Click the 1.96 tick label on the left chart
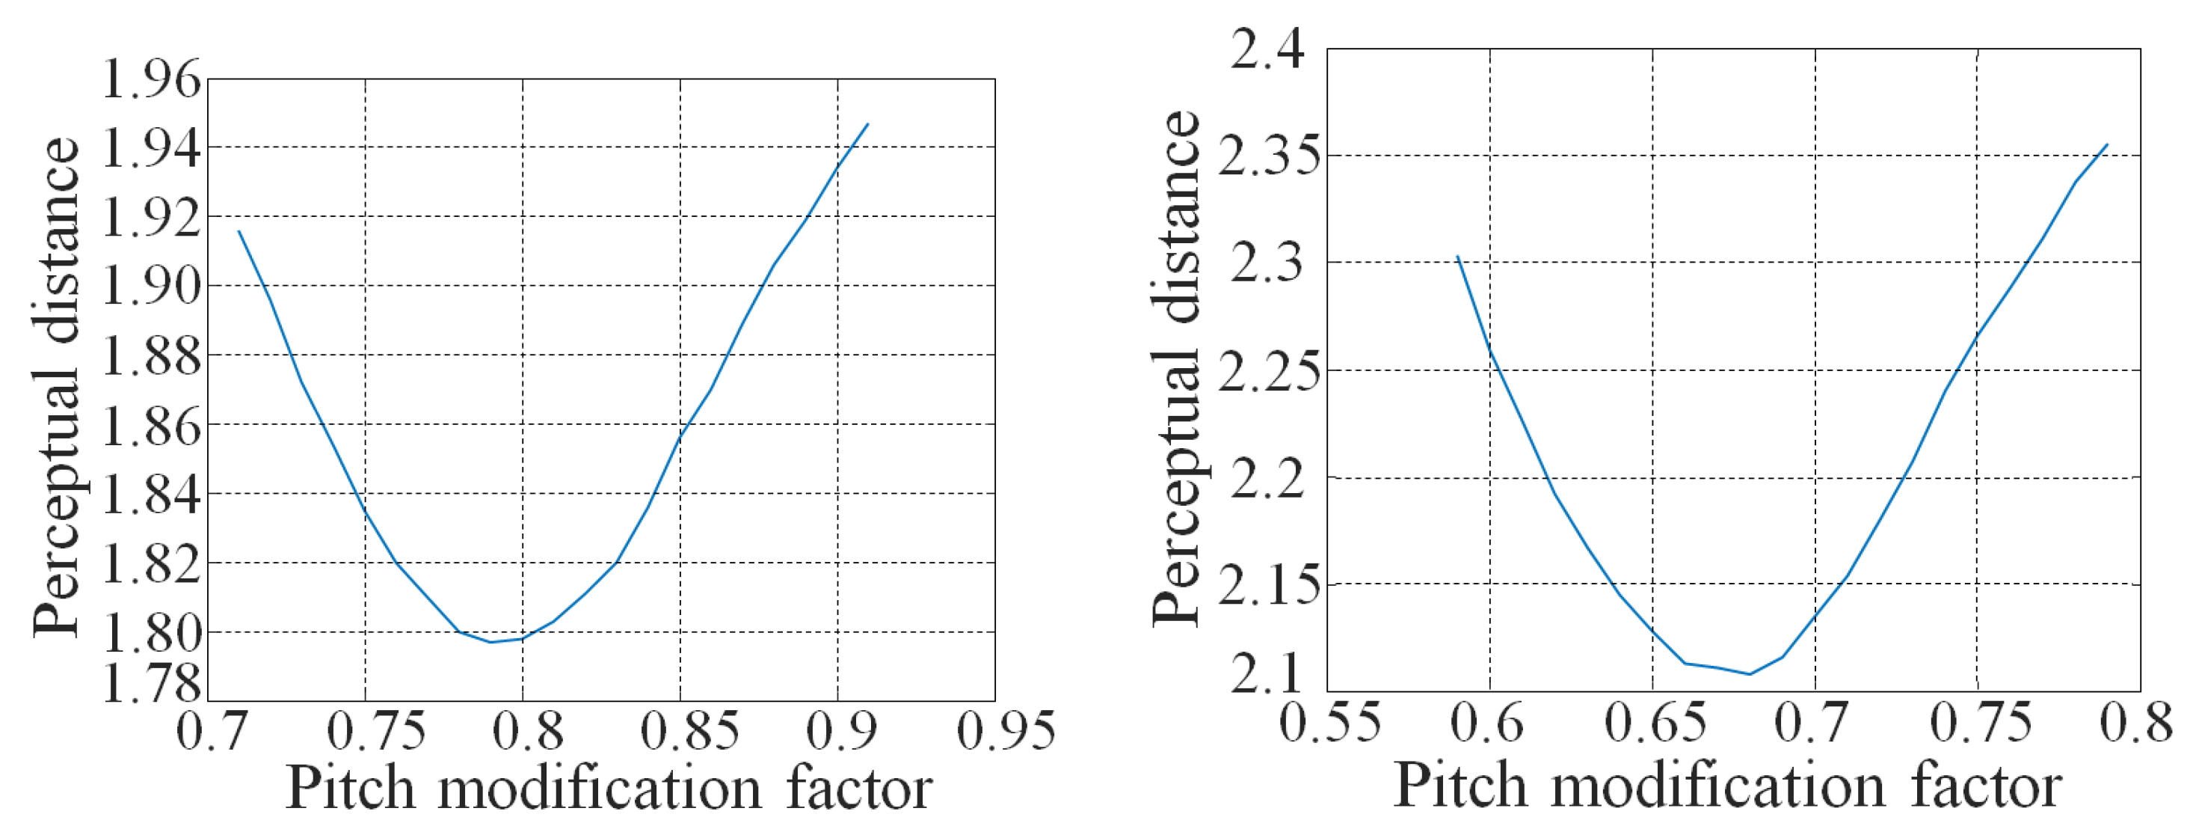tap(152, 80)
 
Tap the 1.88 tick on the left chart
tap(152, 355)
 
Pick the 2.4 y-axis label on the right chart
tap(1267, 49)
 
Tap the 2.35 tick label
tap(1261, 156)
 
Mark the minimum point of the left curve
tap(491, 641)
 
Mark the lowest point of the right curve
tap(1750, 674)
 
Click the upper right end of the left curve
tap(867, 124)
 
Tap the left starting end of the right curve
tap(1457, 257)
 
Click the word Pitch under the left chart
tap(350, 789)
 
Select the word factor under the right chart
tap(1986, 785)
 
